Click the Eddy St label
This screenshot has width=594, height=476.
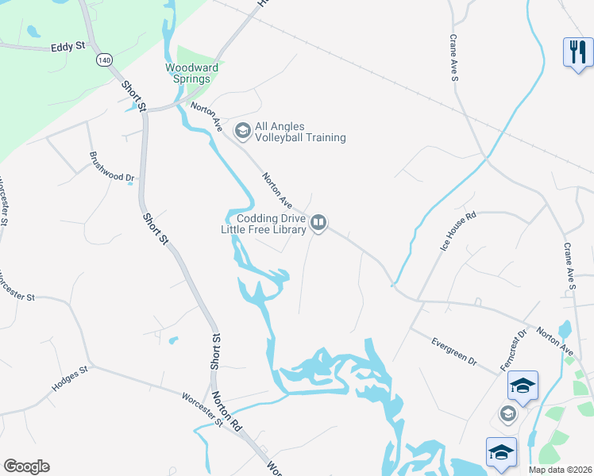(x=67, y=47)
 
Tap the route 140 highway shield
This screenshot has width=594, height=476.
(x=104, y=59)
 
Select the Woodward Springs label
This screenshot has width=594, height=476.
(x=187, y=73)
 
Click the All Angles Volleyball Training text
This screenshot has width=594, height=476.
(x=299, y=132)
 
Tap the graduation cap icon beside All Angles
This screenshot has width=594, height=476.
(x=241, y=129)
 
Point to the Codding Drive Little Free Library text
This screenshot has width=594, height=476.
(x=264, y=224)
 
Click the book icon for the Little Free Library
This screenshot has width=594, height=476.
(x=318, y=223)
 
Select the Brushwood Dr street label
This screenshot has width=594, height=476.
(x=110, y=167)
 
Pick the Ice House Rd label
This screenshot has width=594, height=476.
(x=457, y=232)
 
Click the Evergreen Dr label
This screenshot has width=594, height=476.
(x=453, y=352)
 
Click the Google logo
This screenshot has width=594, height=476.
(x=26, y=466)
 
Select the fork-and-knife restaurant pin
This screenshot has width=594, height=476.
(x=577, y=52)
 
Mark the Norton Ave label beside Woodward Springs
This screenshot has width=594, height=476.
(x=205, y=117)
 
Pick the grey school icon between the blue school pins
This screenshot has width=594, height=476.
(x=507, y=413)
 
